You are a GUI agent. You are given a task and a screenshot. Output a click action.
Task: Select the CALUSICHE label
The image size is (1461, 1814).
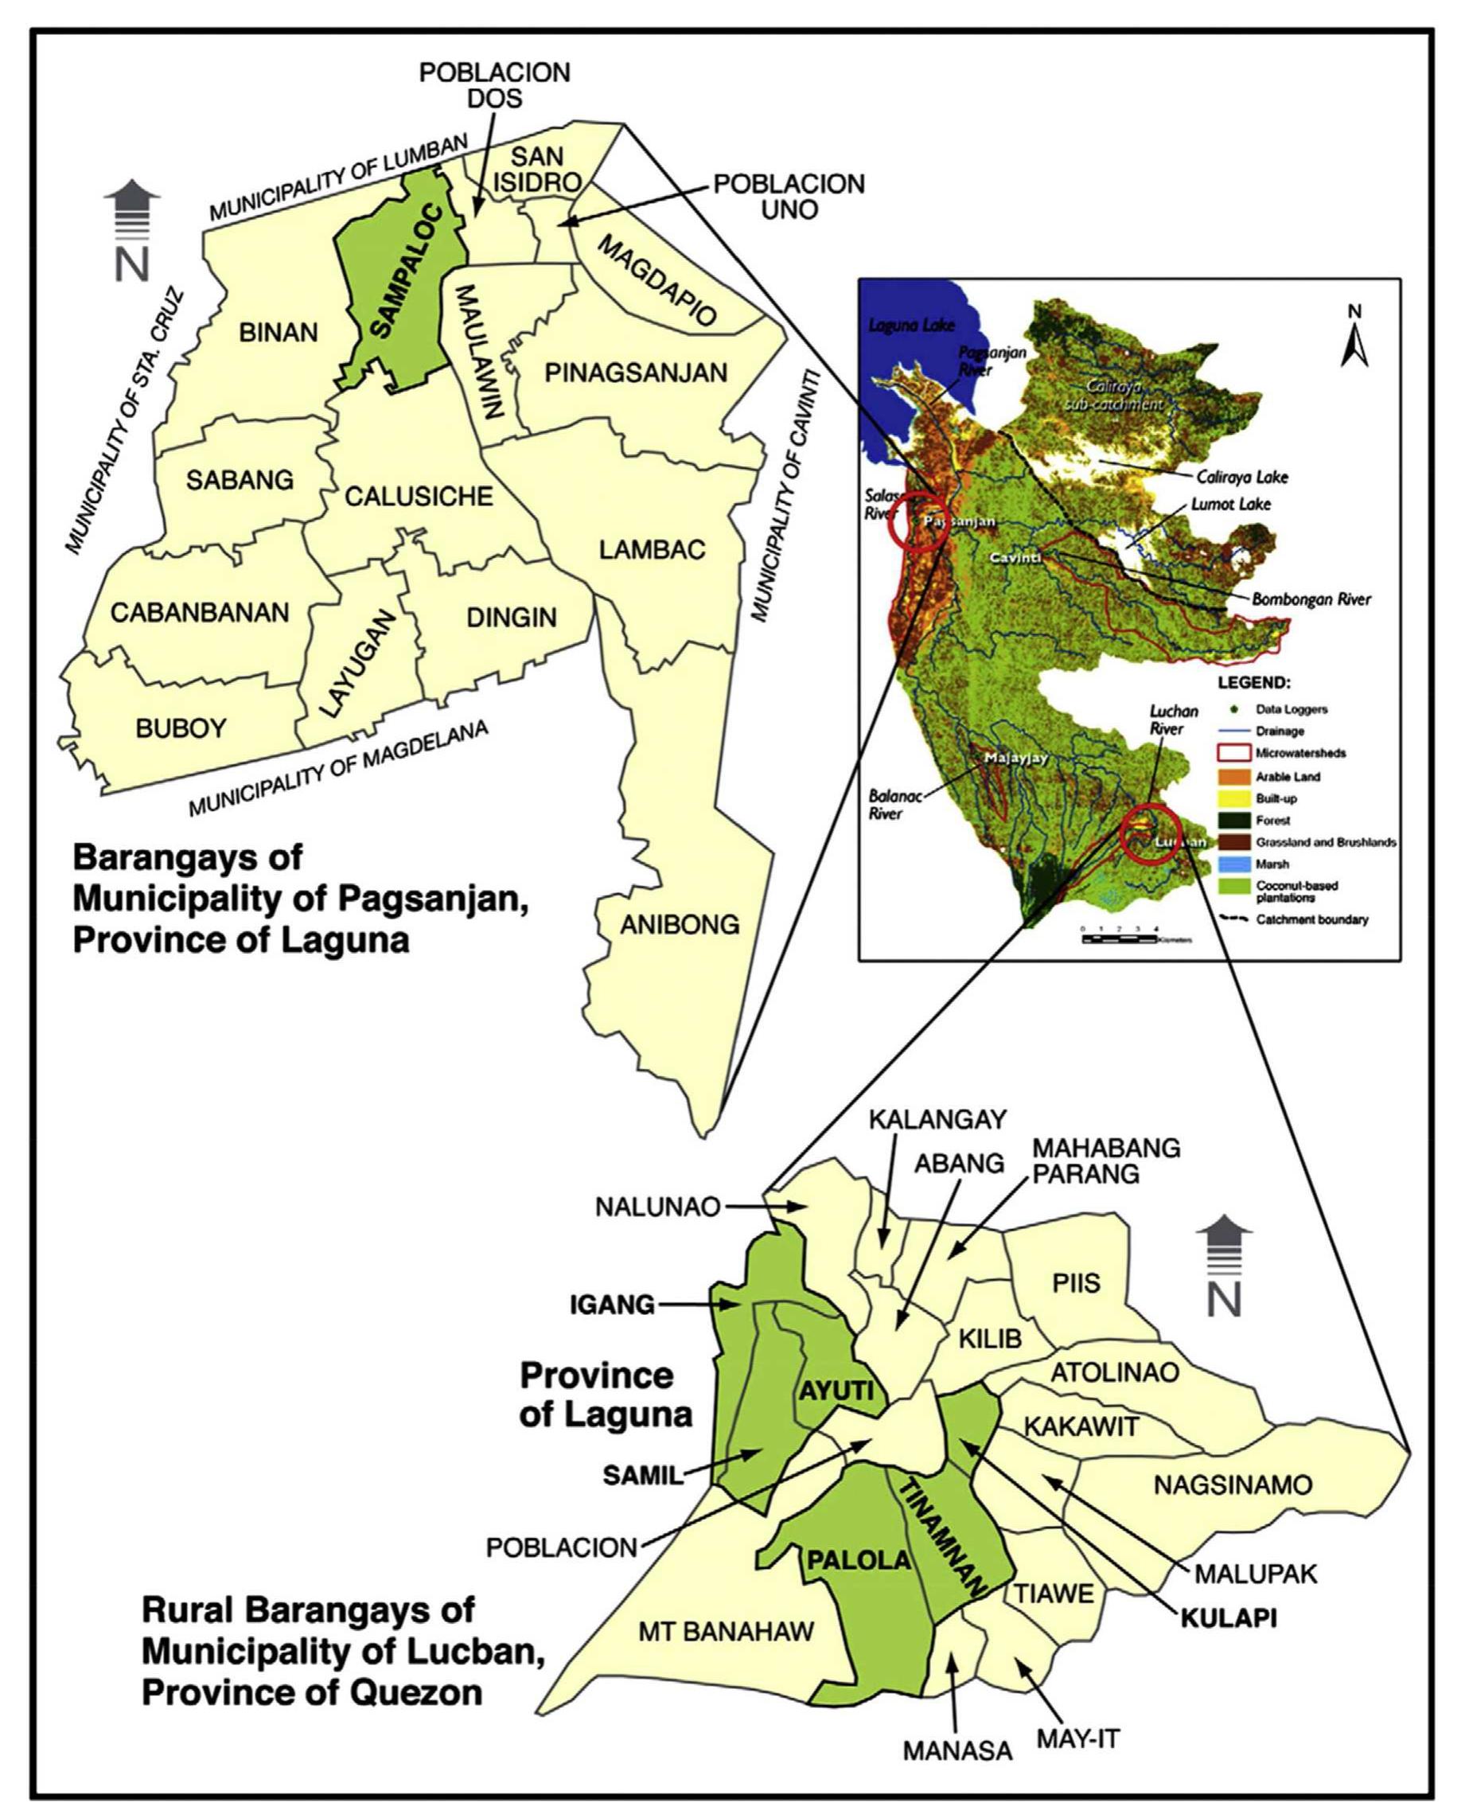pyautogui.click(x=419, y=497)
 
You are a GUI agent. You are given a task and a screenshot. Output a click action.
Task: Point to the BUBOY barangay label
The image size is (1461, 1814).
pyautogui.click(x=181, y=728)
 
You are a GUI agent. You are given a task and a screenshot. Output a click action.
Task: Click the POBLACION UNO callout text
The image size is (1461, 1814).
pyautogui.click(x=789, y=196)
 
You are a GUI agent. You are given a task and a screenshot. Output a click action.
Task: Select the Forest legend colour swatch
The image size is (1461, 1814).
pyautogui.click(x=1233, y=820)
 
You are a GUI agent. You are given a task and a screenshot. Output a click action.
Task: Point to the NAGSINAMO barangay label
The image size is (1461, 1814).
pyautogui.click(x=1233, y=1484)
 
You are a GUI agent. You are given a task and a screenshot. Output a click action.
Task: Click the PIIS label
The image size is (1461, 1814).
pyautogui.click(x=1077, y=1283)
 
